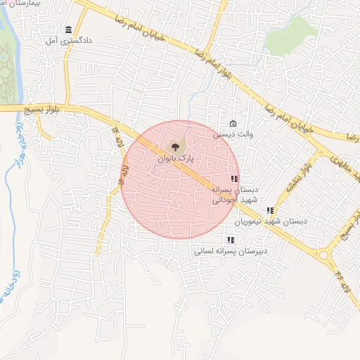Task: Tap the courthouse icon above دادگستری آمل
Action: (x=68, y=30)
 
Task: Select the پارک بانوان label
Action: (x=176, y=160)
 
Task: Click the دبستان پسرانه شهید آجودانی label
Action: (x=236, y=195)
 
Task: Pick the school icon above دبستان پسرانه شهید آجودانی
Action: (x=234, y=179)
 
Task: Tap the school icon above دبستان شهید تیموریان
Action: (x=270, y=210)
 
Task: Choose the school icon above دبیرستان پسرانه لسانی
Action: (x=231, y=240)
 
